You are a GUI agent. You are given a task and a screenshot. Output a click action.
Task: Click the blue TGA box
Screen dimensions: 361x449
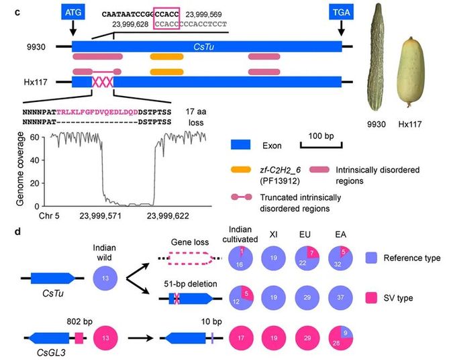click(x=343, y=13)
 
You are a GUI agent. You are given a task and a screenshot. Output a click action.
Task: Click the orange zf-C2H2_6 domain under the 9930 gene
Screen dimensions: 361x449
click(x=167, y=56)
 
